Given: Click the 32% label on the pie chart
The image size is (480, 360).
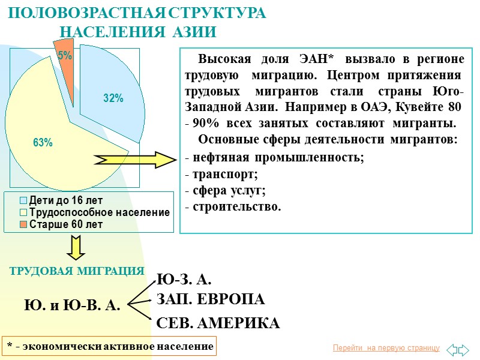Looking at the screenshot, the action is click(x=113, y=98).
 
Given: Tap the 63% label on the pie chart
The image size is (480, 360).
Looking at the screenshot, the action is click(x=43, y=142).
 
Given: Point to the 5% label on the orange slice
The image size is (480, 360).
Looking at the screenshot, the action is click(x=65, y=55).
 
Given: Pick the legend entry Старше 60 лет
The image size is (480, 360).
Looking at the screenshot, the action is click(x=65, y=224).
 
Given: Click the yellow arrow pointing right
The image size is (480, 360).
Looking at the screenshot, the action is click(x=134, y=159).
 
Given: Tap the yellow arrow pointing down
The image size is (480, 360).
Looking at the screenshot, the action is click(x=76, y=248).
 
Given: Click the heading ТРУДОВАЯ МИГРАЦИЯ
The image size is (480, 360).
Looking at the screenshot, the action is click(x=77, y=271).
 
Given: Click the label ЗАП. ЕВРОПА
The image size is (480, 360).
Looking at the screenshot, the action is click(x=210, y=299).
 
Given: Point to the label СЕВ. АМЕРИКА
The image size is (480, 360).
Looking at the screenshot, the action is click(x=218, y=323).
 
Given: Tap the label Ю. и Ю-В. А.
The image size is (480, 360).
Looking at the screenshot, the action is click(x=72, y=305).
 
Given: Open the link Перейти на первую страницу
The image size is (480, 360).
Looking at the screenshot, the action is click(x=386, y=348).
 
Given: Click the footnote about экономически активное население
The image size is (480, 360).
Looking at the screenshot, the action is click(x=109, y=346).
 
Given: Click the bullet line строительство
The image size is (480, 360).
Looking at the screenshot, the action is click(x=232, y=207).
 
